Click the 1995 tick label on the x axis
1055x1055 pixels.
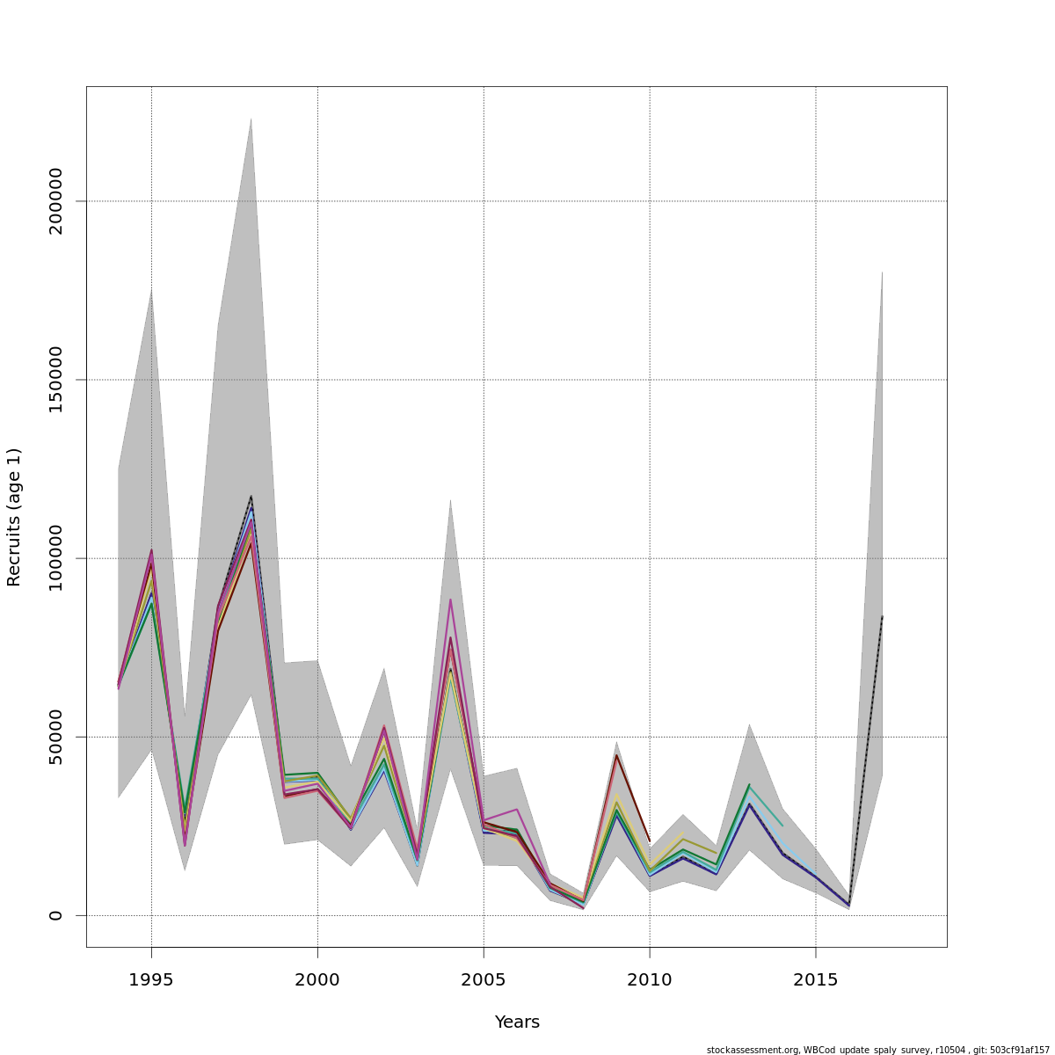(x=151, y=980)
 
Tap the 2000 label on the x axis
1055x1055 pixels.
(x=317, y=980)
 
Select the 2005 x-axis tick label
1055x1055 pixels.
(x=484, y=980)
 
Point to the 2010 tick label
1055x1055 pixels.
(x=650, y=980)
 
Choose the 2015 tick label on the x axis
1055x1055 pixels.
(x=816, y=980)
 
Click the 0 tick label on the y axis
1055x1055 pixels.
(x=56, y=915)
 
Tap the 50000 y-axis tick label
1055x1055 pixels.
(x=56, y=737)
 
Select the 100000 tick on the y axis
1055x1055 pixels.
(x=56, y=558)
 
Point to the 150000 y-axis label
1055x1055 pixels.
(x=56, y=380)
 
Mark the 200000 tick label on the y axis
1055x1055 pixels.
(x=56, y=201)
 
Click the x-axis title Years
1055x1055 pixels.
(x=517, y=1022)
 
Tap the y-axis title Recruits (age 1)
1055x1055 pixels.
(x=14, y=517)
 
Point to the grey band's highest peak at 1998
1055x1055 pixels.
(x=251, y=120)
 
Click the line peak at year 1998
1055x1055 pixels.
(x=251, y=498)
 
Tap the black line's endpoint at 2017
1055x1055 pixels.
(x=882, y=616)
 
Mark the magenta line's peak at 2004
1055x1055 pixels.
(x=450, y=600)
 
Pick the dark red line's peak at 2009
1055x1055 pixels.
(x=616, y=755)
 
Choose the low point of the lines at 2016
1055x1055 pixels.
(x=848, y=906)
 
